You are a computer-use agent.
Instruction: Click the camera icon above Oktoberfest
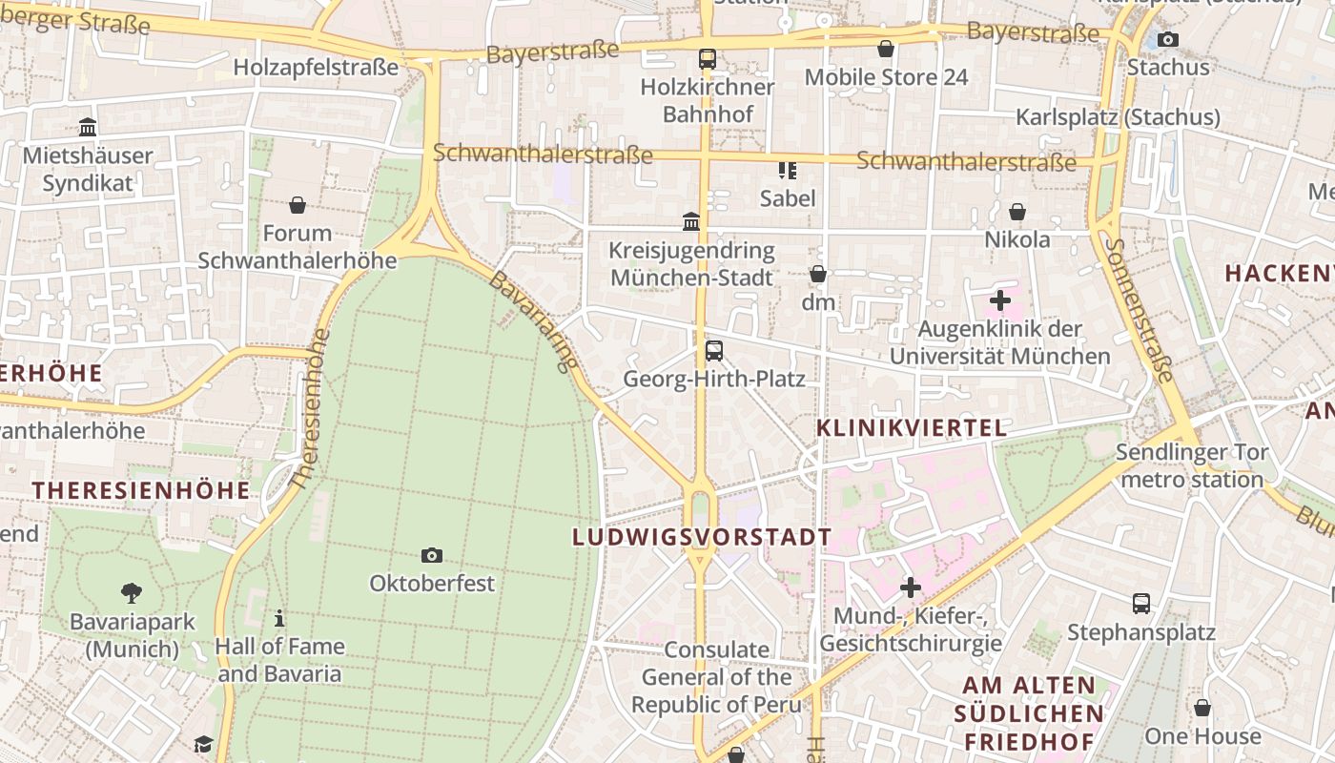pyautogui.click(x=432, y=555)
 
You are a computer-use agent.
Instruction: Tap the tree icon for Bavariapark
pyautogui.click(x=132, y=593)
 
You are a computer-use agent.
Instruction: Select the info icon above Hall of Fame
pyautogui.click(x=278, y=618)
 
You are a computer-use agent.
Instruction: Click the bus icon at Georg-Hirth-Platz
pyautogui.click(x=714, y=351)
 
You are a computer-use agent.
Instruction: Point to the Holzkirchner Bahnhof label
pyautogui.click(x=707, y=100)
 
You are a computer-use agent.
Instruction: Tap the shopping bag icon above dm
pyautogui.click(x=817, y=275)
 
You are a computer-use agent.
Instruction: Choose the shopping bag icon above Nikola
pyautogui.click(x=1017, y=212)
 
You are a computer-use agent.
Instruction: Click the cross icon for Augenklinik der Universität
pyautogui.click(x=999, y=301)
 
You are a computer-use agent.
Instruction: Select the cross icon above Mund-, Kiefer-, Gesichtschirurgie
pyautogui.click(x=911, y=588)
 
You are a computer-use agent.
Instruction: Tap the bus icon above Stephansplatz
pyautogui.click(x=1140, y=603)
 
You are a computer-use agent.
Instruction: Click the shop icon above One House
pyautogui.click(x=1202, y=708)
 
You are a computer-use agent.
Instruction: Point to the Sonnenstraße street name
pyautogui.click(x=1139, y=309)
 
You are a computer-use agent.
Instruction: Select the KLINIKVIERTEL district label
pyautogui.click(x=912, y=428)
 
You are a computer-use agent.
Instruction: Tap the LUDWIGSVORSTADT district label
pyautogui.click(x=702, y=537)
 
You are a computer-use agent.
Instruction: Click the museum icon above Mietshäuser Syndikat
pyautogui.click(x=88, y=127)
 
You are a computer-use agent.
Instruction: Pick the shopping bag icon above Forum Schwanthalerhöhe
pyautogui.click(x=298, y=205)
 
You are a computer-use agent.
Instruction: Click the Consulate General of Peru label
pyautogui.click(x=716, y=677)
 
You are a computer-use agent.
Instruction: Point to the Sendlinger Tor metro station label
pyautogui.click(x=1192, y=465)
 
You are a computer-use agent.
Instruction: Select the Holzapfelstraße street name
pyautogui.click(x=316, y=68)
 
